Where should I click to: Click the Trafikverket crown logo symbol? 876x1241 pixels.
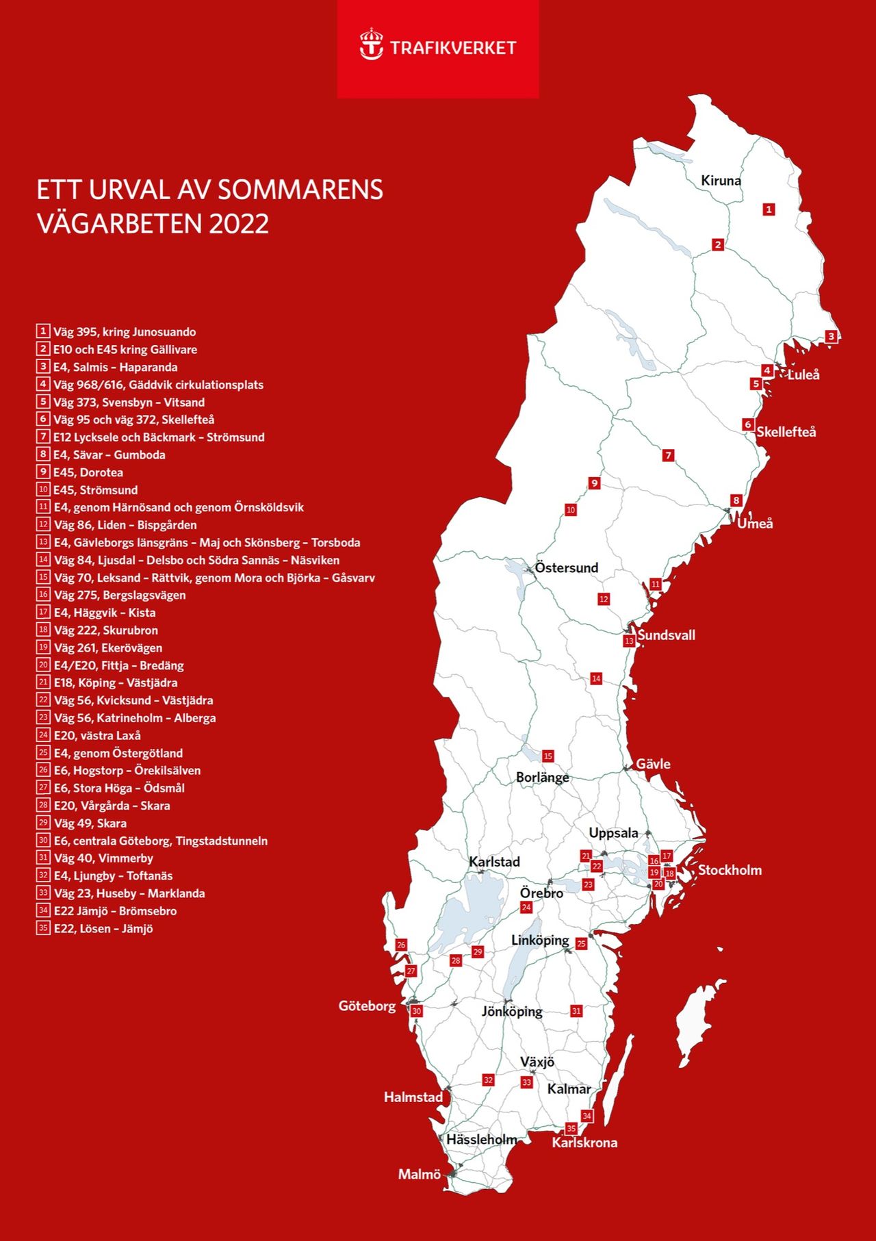pos(372,44)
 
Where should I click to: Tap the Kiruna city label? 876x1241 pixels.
pos(721,181)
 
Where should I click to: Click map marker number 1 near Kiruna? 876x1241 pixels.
pos(769,209)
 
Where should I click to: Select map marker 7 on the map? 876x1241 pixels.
pos(669,455)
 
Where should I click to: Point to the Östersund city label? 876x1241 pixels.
pos(566,567)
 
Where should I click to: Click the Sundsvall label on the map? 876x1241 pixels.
pos(666,635)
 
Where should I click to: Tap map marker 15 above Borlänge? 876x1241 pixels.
pos(547,756)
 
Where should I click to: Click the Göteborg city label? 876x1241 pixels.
pos(367,1006)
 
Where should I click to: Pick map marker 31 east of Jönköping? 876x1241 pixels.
pos(576,1011)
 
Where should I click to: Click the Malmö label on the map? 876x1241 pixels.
pos(419,1175)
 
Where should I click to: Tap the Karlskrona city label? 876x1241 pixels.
pos(584,1142)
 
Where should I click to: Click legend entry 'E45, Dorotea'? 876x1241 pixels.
pos(88,472)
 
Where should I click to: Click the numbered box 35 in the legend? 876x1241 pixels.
pos(43,928)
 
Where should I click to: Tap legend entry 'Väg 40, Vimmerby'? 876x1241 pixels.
pos(103,858)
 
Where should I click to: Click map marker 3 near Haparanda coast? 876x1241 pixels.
pos(831,336)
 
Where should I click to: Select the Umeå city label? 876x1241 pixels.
pos(755,524)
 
